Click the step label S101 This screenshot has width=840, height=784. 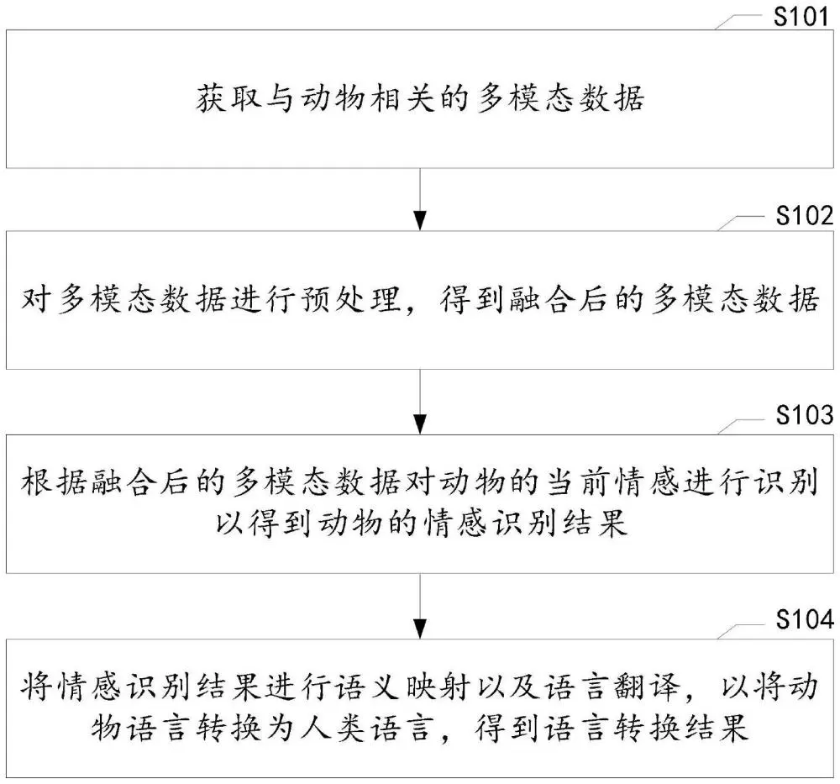801,16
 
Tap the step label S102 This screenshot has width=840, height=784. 805,215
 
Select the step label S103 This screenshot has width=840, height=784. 805,415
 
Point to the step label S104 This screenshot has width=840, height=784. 805,619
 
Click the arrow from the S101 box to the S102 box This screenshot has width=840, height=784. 420,199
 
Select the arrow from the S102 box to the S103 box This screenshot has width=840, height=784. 420,402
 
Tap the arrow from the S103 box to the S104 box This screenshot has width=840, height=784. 420,606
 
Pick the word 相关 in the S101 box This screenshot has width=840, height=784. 402,98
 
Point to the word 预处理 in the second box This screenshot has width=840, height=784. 351,299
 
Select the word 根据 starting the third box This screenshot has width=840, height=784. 54,481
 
